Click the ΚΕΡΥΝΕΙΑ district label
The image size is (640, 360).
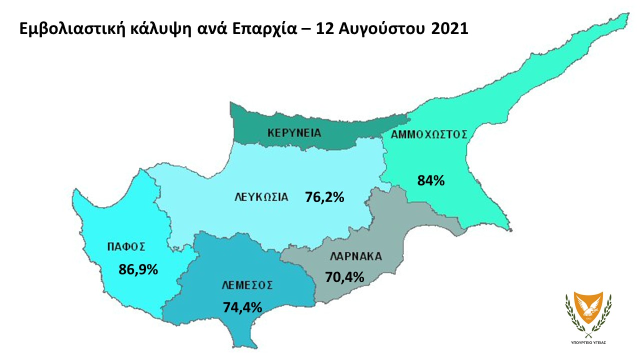click(x=294, y=133)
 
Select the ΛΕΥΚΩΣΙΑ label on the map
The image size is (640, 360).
click(x=261, y=196)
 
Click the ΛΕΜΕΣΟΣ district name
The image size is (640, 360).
click(x=247, y=285)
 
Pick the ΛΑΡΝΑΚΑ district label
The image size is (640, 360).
click(x=356, y=257)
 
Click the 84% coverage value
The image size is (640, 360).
click(x=431, y=180)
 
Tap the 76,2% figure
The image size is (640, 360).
click(x=324, y=197)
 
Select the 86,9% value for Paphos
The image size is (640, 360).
click(x=138, y=269)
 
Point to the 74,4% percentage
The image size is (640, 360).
click(x=242, y=307)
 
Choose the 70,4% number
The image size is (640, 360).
click(x=344, y=276)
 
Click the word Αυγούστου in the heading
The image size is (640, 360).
click(x=378, y=29)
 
